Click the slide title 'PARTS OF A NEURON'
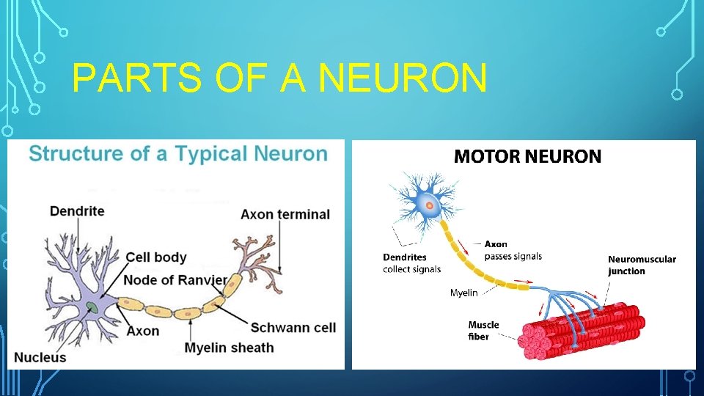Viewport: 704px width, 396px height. point(279,78)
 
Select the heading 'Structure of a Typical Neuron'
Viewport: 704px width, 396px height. point(178,154)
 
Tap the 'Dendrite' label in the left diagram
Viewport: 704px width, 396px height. point(77,211)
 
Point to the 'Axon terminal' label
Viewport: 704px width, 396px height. point(285,215)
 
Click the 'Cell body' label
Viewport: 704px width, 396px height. point(156,257)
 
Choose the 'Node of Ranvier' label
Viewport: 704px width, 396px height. point(175,280)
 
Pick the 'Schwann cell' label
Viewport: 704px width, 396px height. point(293,327)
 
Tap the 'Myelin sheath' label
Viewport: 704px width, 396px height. point(229,348)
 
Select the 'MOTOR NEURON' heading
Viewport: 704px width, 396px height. point(527,156)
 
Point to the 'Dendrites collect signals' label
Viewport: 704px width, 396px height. point(411,263)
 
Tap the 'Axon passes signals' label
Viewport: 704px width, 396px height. point(513,250)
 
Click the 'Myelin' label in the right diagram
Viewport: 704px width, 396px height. point(463,293)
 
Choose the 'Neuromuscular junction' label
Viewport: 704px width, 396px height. point(642,265)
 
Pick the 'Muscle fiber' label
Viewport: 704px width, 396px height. point(483,330)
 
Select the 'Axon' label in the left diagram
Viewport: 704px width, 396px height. point(143,331)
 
